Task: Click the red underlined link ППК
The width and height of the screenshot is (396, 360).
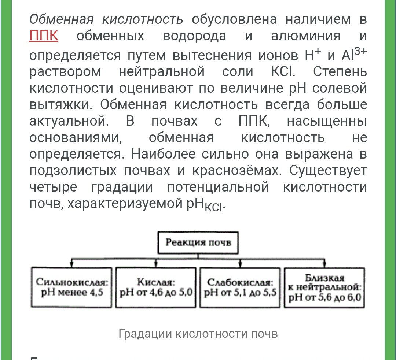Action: [x=44, y=37]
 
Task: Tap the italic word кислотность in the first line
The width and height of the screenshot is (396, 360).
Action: [x=143, y=20]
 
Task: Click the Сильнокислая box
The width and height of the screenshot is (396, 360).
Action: [x=71, y=287]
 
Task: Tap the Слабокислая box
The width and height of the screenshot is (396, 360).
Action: [x=240, y=287]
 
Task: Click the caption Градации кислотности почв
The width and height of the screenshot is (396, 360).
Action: [x=198, y=334]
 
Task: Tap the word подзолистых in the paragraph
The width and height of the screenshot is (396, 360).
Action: [x=66, y=171]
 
